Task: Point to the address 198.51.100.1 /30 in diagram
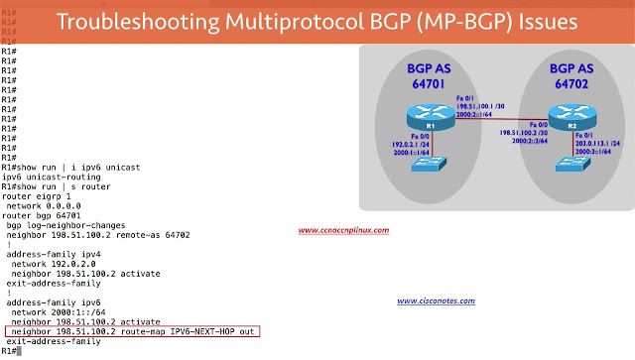tap(471, 105)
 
